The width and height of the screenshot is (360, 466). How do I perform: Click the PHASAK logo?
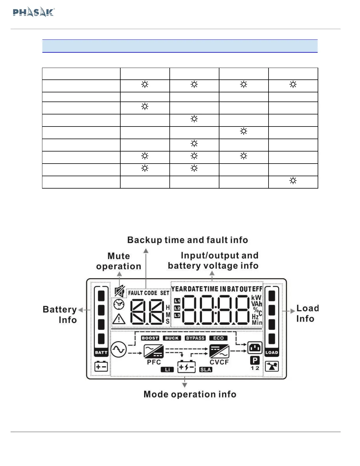[34, 12]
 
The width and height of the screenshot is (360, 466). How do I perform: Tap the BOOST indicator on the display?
[150, 338]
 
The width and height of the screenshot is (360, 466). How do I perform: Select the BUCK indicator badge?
[172, 338]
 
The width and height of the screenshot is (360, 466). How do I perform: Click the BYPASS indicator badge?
[195, 338]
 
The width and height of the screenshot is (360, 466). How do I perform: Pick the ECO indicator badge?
[218, 338]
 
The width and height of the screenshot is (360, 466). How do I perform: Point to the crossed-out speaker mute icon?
[119, 292]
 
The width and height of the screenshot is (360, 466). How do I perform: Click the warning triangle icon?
[119, 319]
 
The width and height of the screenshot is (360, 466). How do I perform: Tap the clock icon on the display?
[119, 304]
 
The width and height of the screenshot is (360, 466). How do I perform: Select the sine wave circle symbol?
[119, 349]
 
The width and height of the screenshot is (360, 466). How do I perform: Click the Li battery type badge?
[167, 370]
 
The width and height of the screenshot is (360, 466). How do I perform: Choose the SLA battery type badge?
[206, 370]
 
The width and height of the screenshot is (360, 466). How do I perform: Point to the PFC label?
[154, 362]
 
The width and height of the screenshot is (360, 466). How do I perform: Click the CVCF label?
[219, 362]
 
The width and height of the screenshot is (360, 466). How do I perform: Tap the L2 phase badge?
[177, 308]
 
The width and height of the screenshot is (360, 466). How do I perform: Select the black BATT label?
[101, 352]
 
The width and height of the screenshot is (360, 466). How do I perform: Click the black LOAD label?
[271, 352]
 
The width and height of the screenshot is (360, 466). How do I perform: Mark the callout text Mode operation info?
[190, 394]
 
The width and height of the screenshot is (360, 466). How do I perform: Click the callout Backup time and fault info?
[187, 240]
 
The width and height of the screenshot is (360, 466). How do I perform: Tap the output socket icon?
[255, 348]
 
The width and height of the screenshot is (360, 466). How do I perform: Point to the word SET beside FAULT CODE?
[164, 293]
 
